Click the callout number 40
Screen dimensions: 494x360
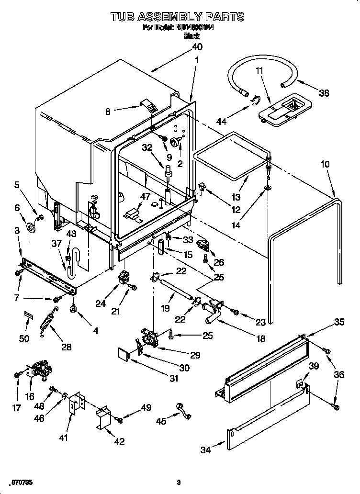click(x=197, y=47)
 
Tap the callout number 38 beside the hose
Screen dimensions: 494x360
click(x=324, y=93)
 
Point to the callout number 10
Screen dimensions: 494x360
click(x=325, y=164)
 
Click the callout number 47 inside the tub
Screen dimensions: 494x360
click(x=145, y=196)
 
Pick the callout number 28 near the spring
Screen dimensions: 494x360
click(x=67, y=347)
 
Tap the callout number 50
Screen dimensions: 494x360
click(x=24, y=338)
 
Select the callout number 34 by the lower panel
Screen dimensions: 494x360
click(x=205, y=449)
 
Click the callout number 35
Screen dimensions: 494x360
click(x=338, y=323)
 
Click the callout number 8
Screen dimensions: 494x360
click(x=108, y=112)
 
